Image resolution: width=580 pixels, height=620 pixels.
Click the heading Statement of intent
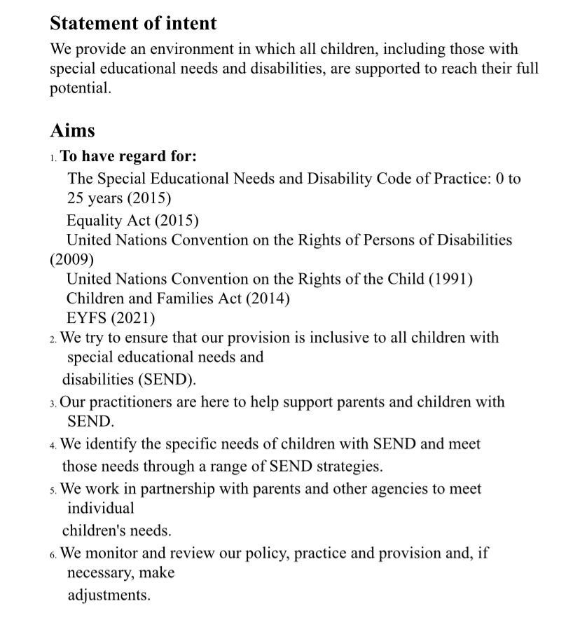coord(133,23)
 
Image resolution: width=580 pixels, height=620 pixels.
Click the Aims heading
coord(72,130)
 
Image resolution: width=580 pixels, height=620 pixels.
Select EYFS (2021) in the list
coord(111,317)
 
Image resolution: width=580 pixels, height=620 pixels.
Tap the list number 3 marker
coord(53,404)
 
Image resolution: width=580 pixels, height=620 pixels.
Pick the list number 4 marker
coord(53,446)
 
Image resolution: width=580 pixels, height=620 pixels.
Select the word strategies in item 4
coord(348,466)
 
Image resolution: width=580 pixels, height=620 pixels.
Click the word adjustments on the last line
coord(109,595)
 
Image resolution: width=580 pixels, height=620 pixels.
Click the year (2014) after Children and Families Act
coord(267,298)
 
